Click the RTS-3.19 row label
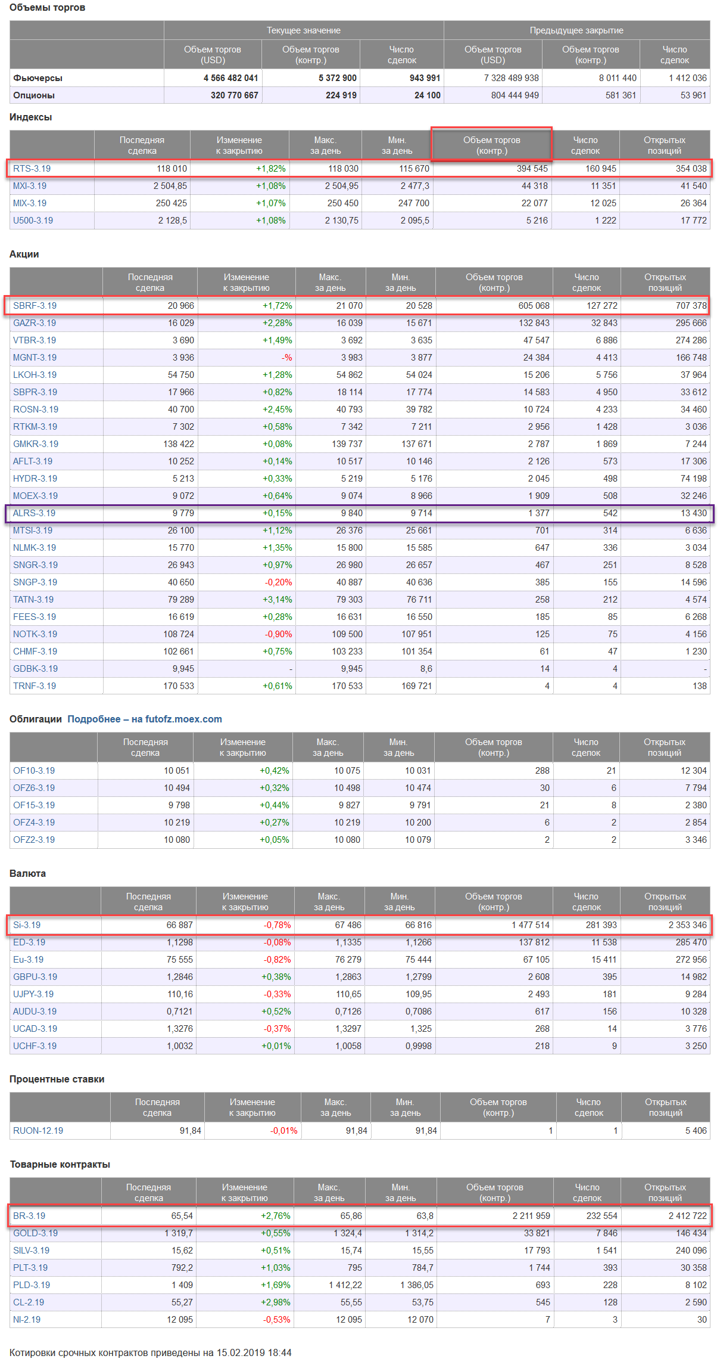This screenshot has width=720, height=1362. [x=32, y=169]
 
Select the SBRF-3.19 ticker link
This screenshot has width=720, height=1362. [x=35, y=306]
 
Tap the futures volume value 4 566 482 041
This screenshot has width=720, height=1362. [x=230, y=78]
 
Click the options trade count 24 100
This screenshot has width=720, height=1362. [x=427, y=95]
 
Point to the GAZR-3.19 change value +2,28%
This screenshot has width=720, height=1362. [x=277, y=323]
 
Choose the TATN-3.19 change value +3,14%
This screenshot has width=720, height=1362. [x=277, y=600]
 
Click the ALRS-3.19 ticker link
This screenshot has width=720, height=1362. [x=34, y=513]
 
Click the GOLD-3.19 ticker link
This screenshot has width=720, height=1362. [x=35, y=1233]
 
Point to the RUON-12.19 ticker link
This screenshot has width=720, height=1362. [x=38, y=1131]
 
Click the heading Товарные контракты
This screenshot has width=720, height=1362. [x=60, y=1165]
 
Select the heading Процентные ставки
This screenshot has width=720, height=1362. [x=57, y=1079]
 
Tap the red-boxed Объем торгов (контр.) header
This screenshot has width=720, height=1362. [x=491, y=145]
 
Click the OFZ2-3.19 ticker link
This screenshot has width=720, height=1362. [x=33, y=840]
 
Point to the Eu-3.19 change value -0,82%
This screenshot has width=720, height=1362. [x=277, y=960]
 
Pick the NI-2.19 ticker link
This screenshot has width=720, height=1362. [x=27, y=1320]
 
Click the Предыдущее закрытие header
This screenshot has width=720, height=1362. [x=576, y=30]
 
